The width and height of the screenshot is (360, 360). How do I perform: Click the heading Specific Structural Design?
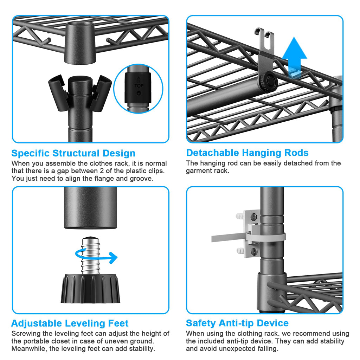73,153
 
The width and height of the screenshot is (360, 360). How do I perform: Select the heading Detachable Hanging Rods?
247,153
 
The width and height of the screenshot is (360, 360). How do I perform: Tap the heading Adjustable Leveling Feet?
70,323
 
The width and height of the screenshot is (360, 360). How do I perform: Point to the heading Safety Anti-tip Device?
237,323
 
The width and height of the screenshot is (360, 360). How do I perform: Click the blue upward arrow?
294,57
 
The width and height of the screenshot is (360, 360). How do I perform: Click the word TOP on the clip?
139,86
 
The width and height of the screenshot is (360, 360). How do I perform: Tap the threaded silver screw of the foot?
91,255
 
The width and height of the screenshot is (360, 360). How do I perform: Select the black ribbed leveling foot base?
90,289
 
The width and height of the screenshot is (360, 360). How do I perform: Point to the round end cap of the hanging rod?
269,82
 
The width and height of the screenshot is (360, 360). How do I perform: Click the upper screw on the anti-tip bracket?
254,216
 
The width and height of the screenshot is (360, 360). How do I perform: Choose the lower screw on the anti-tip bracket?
254,251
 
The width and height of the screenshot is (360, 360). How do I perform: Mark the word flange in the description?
103,178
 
